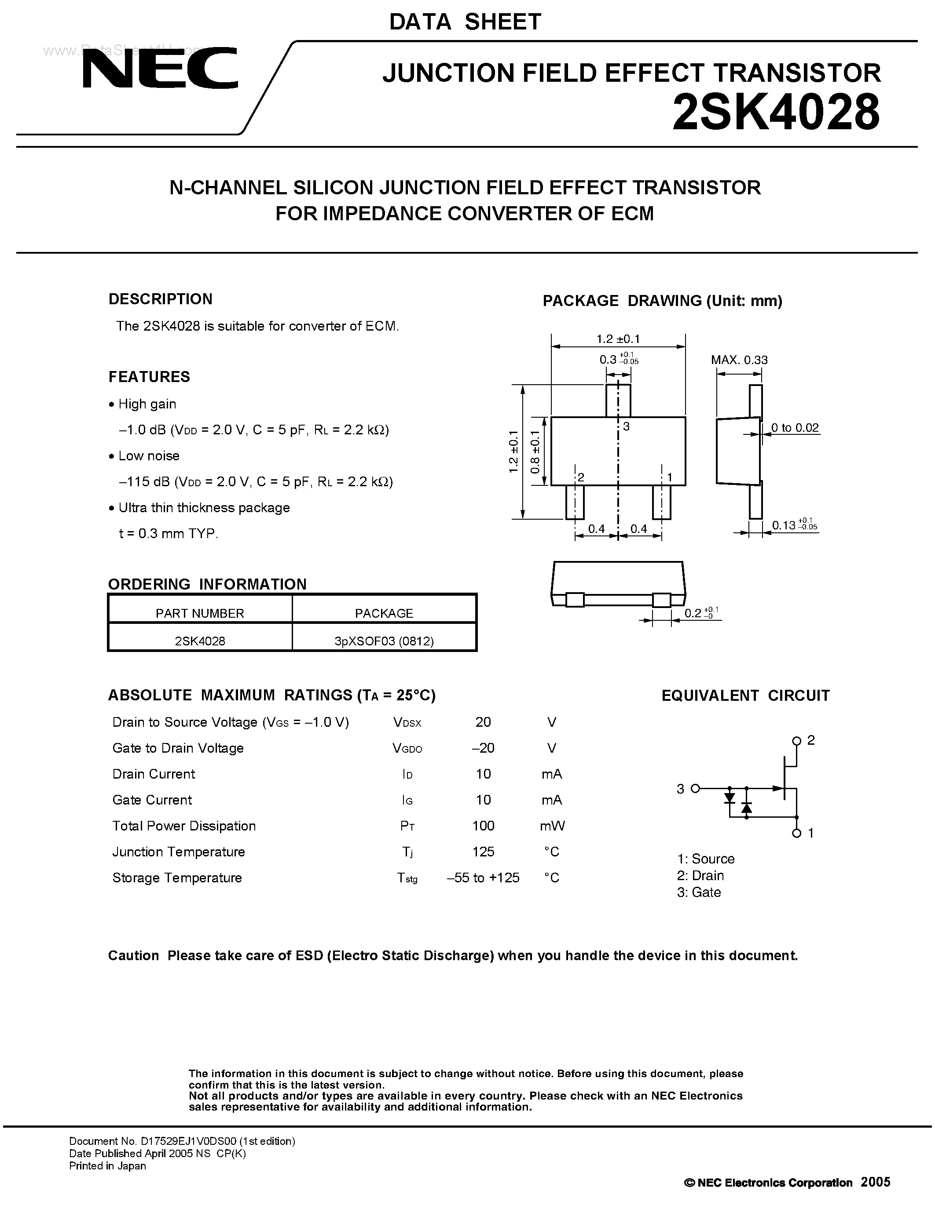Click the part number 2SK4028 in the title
775,113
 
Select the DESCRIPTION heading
161,299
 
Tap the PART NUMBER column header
200,613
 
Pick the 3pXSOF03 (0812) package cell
384,641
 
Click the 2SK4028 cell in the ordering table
200,641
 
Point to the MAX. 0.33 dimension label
740,360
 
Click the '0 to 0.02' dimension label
795,428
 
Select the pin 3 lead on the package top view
618,400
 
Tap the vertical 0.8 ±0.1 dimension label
535,452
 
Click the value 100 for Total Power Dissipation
483,826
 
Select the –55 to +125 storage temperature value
483,878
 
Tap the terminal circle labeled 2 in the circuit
796,741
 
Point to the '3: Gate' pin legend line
699,892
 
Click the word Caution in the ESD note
133,955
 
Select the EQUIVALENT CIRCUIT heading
745,696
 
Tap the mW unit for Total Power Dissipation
552,826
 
